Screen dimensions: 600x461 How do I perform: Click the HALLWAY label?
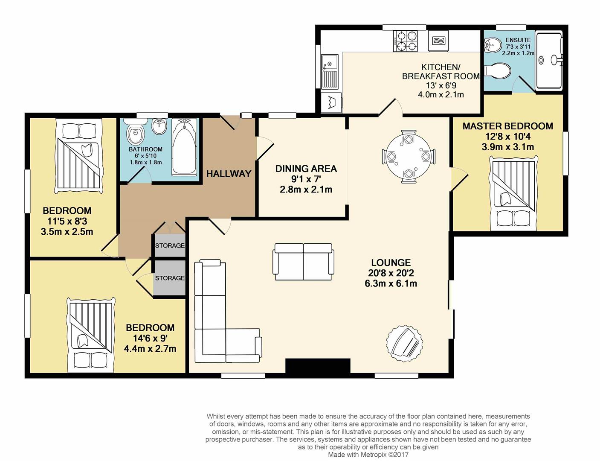[x=229, y=174]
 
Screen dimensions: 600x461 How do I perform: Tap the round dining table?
[x=409, y=156]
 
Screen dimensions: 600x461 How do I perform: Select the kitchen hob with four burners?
[x=405, y=41]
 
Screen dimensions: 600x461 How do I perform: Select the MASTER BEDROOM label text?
[x=508, y=126]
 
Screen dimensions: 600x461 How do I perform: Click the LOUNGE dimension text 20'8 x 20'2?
[x=391, y=273]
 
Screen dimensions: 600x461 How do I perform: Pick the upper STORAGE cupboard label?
[x=170, y=245]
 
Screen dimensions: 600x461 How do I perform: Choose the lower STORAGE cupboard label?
[x=170, y=278]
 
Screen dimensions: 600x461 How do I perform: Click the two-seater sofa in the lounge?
[x=304, y=262]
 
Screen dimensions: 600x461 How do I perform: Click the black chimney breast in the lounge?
[x=318, y=366]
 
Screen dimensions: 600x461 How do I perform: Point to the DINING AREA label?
[x=306, y=169]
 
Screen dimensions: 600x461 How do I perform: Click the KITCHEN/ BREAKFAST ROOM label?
[x=441, y=72]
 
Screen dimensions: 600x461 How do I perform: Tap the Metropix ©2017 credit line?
[x=368, y=454]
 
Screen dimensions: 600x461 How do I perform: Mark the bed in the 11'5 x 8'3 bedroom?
[x=79, y=155]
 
